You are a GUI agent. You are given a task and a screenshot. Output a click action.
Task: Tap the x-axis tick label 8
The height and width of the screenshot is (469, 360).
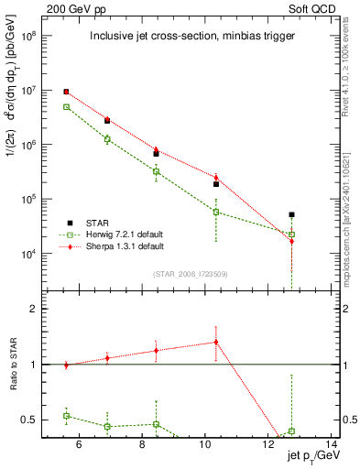pyautogui.click(x=142, y=446)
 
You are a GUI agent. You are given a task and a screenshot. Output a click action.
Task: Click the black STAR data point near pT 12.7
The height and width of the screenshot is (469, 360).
pyautogui.click(x=291, y=214)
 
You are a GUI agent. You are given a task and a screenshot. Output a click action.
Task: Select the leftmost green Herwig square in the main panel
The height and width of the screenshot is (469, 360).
pyautogui.click(x=66, y=107)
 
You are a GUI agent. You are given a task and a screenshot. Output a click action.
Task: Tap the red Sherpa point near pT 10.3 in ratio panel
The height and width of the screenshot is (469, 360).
pyautogui.click(x=216, y=342)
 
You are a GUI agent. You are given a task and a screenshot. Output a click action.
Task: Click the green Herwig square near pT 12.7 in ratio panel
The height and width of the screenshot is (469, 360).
pyautogui.click(x=291, y=431)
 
